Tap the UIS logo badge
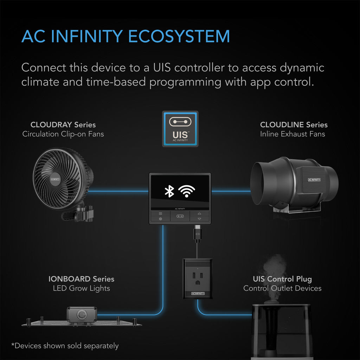tap(180, 129)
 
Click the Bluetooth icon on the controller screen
tap(169, 191)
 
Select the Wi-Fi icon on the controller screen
tap(186, 191)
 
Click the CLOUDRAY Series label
tap(63, 125)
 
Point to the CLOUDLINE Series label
tap(294, 125)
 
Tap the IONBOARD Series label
tap(81, 279)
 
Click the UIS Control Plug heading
tap(282, 279)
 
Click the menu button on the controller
tap(160, 213)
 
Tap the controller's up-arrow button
tap(199, 213)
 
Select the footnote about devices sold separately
tap(65, 346)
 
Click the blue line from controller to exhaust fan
tap(230, 192)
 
